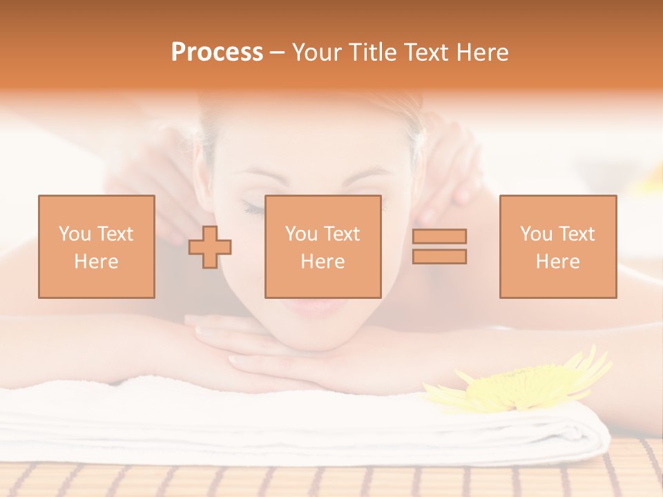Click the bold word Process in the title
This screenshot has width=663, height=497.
(x=217, y=52)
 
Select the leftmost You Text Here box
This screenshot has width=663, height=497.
(x=96, y=246)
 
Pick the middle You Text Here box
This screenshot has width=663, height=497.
(x=323, y=246)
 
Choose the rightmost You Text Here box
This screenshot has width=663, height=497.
(x=557, y=246)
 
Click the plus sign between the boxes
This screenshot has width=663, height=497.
(x=210, y=246)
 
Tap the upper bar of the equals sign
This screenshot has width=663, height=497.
(x=439, y=236)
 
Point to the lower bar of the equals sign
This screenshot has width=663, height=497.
(x=439, y=256)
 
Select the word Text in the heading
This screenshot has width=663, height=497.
(x=427, y=52)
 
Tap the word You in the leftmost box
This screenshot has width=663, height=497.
(x=74, y=234)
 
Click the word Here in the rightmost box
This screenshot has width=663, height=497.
(x=557, y=261)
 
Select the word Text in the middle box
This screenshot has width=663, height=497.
(x=342, y=234)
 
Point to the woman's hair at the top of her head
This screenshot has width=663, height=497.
(x=311, y=104)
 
